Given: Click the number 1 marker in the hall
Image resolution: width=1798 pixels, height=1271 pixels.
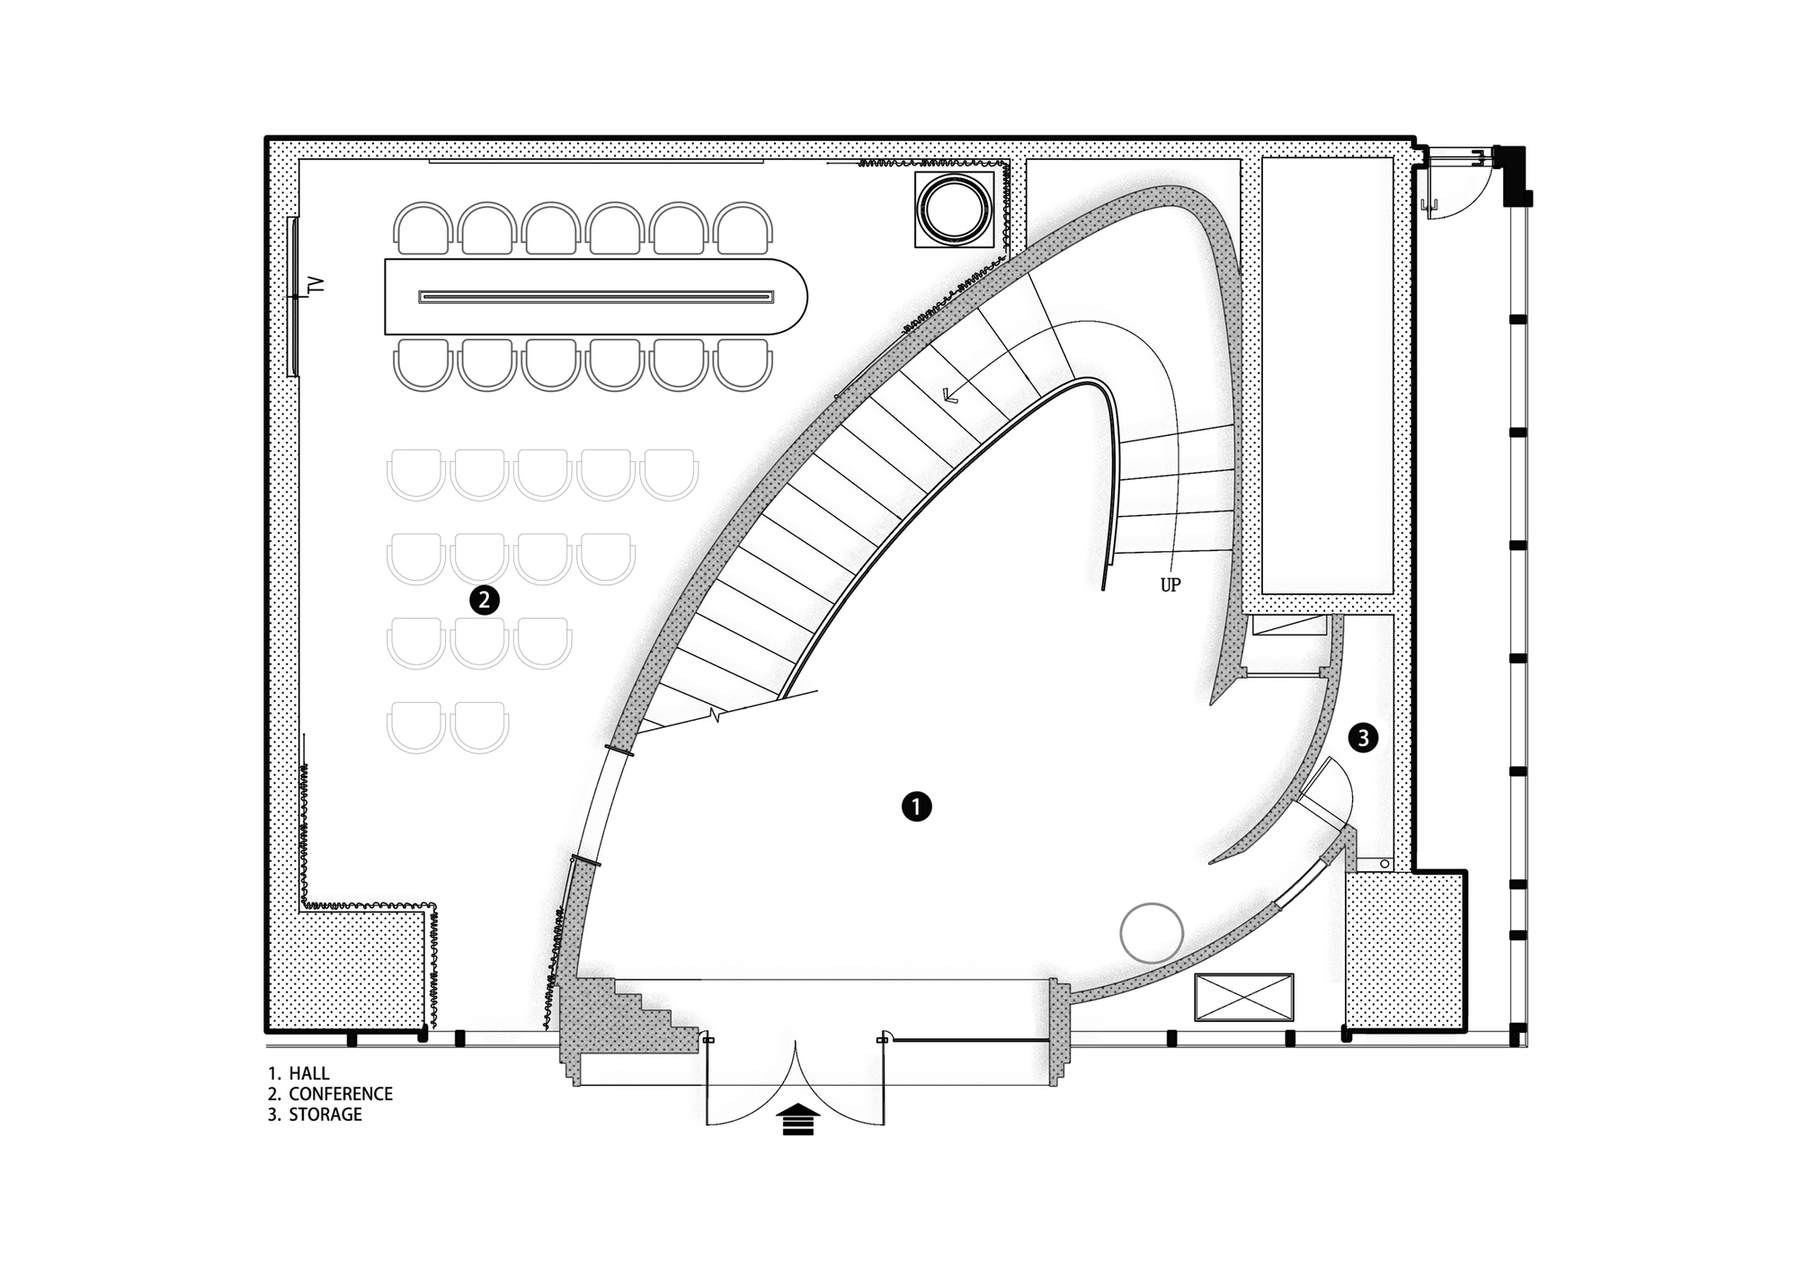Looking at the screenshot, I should tap(916, 806).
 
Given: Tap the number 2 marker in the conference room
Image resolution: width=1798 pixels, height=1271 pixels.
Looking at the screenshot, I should tap(484, 600).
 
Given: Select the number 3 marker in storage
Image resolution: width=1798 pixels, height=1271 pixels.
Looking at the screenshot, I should tap(1363, 738).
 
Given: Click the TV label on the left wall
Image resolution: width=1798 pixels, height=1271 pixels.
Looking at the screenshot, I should tap(315, 285).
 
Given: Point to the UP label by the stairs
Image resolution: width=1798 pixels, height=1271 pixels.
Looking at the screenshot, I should tap(1170, 585).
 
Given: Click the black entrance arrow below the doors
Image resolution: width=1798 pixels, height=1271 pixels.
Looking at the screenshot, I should tap(797, 1121).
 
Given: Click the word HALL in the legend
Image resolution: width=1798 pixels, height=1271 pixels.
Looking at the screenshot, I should tap(309, 1073).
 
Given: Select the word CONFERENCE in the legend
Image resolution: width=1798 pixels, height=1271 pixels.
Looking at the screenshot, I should tap(341, 1094).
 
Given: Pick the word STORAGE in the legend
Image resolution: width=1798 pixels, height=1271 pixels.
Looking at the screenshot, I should tap(325, 1115).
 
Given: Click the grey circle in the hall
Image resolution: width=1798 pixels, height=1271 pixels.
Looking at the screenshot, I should tap(1152, 933).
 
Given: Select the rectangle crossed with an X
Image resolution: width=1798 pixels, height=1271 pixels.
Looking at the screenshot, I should tap(1243, 997).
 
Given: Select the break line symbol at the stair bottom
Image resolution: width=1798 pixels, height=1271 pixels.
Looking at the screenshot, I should tap(716, 716).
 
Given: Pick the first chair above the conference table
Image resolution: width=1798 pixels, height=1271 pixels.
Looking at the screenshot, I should tap(423, 228).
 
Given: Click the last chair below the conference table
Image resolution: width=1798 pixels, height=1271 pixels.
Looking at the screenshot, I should tap(743, 365).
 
